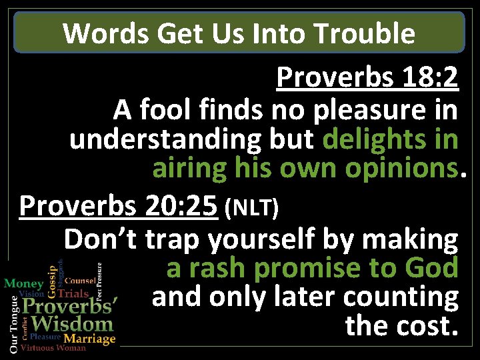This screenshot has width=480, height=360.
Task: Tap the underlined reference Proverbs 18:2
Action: pos(367,79)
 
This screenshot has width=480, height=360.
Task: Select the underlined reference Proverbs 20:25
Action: pos(119,207)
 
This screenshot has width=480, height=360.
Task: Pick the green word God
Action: pos(431,268)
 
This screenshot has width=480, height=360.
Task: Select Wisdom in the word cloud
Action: pos(73,325)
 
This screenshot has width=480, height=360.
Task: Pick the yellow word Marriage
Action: pos(90,339)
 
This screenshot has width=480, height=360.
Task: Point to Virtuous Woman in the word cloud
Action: pos(53,348)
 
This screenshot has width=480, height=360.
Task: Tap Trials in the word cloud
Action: pos(73,293)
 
